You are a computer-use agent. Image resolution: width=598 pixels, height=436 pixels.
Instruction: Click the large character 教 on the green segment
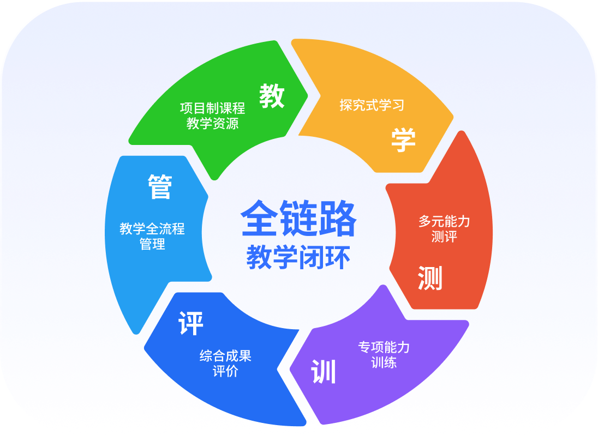click(272, 96)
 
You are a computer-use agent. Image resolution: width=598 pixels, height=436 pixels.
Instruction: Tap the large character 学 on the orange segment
click(403, 140)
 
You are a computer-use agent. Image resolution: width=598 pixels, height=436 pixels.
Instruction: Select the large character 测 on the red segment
click(430, 278)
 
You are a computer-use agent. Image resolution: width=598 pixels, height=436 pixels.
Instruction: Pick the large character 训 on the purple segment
click(324, 372)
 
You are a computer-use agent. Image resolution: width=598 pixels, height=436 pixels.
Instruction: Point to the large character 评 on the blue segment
click(191, 324)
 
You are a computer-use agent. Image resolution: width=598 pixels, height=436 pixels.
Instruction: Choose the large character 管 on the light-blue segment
click(160, 187)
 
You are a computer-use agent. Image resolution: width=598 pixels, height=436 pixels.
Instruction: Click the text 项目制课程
click(212, 108)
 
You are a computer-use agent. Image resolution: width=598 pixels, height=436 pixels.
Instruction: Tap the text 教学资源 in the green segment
click(212, 124)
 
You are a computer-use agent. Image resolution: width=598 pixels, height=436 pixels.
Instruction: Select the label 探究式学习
click(372, 105)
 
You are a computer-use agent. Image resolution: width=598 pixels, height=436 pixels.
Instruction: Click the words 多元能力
click(444, 221)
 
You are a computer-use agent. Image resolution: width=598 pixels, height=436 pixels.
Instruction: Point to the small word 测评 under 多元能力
click(444, 237)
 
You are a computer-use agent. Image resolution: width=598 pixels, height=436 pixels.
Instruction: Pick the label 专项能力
click(384, 347)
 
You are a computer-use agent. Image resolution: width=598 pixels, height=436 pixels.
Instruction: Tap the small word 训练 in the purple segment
click(384, 362)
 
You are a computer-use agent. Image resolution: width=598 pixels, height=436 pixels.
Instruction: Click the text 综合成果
click(225, 356)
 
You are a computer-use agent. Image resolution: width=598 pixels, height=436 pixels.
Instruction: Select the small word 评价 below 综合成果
click(225, 372)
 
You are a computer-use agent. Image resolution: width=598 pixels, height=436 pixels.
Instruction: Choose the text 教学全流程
click(152, 228)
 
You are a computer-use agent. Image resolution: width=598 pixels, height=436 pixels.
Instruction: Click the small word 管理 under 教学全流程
click(152, 244)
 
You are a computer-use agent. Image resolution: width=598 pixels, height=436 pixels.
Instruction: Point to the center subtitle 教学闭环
click(297, 257)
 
